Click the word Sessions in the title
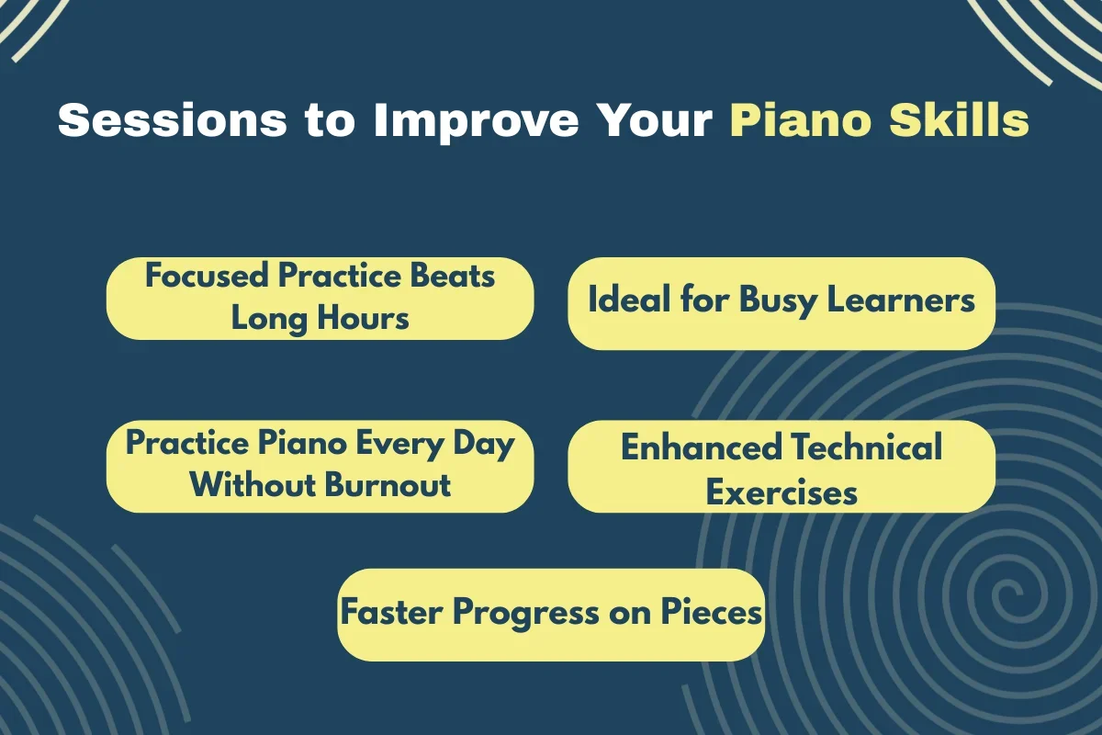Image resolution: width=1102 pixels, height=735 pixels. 173,120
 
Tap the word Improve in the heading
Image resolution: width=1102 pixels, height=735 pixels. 477,121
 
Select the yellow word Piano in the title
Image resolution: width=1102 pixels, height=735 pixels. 801,120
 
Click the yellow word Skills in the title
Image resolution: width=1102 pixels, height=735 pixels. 960,119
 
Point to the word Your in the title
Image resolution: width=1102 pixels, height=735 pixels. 654,120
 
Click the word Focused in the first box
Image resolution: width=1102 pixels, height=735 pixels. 207,276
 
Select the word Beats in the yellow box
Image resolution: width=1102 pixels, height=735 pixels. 453,276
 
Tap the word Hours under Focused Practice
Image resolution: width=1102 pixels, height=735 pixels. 363,318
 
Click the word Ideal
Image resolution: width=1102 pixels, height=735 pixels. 629,300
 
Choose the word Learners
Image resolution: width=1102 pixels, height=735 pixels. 901,300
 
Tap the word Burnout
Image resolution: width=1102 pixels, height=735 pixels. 388,485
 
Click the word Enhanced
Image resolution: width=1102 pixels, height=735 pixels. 701,447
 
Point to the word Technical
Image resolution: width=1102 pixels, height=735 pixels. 867,447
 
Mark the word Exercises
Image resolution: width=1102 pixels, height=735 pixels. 782,492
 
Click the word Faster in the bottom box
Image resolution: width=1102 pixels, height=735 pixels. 391,613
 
